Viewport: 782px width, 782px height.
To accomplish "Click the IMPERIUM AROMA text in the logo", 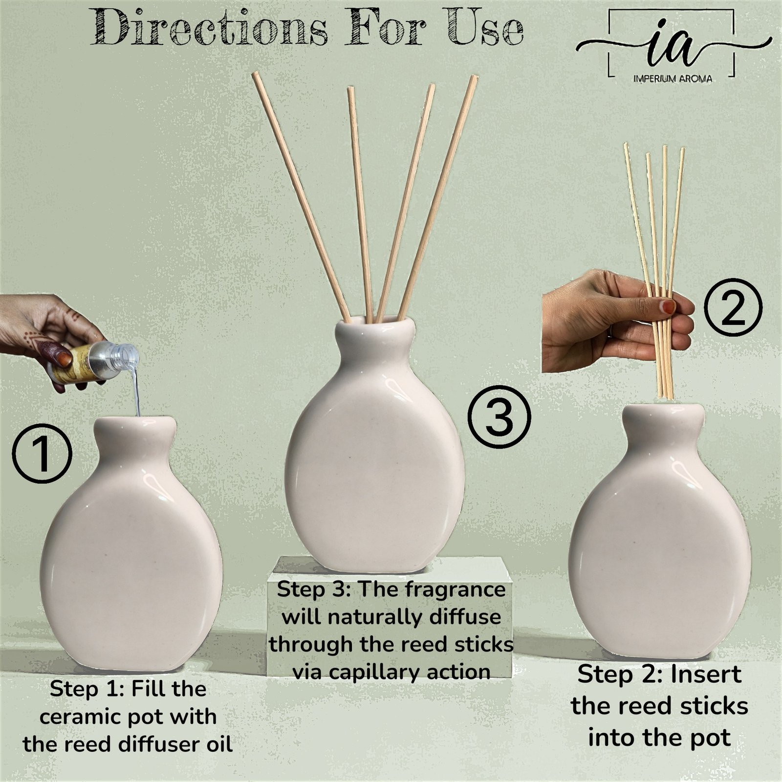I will pos(672,79).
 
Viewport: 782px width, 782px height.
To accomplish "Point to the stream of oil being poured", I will pos(135,391).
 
